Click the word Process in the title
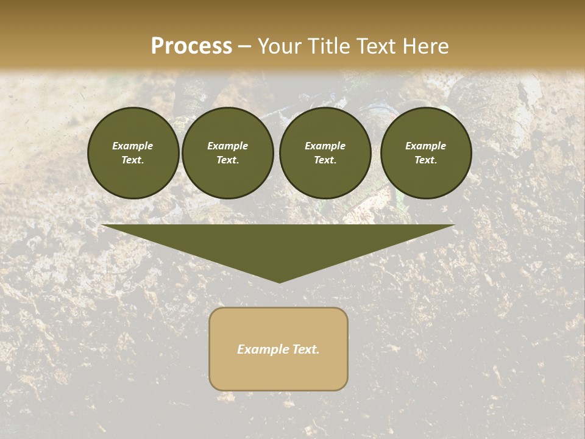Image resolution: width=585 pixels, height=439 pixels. coord(191,46)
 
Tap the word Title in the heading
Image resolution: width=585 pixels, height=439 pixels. coord(329,46)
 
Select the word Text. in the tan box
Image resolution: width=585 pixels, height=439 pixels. coord(307,349)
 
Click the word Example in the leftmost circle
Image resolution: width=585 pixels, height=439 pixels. coord(133,146)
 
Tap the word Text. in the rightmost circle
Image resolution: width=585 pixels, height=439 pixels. coord(425,160)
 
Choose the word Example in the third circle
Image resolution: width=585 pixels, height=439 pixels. coord(325,146)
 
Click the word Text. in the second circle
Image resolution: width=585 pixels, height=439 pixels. coord(227,160)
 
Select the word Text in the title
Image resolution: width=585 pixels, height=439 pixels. coord(375,46)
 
